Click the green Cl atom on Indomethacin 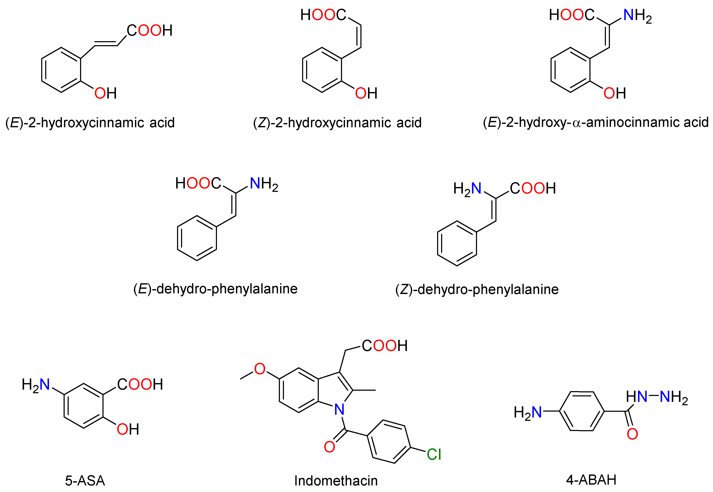tap(434, 454)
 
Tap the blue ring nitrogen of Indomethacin tap(339, 410)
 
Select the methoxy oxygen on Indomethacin tap(260, 369)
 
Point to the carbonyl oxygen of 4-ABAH tap(632, 434)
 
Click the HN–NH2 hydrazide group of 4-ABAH tap(657, 397)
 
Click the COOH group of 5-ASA tap(140, 384)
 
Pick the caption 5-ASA tap(85, 481)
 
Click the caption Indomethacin tap(336, 481)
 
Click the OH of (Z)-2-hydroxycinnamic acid tap(366, 93)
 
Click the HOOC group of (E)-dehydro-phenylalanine tap(198, 183)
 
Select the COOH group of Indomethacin tap(385, 346)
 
